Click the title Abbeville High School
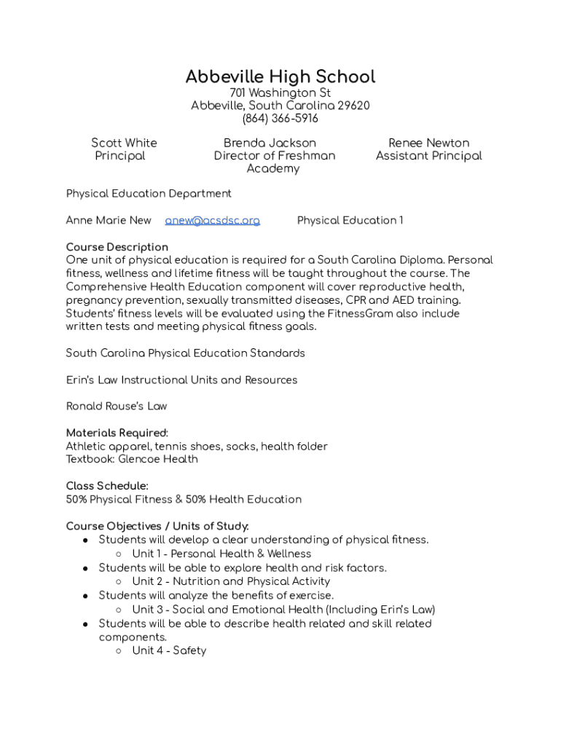coord(280,76)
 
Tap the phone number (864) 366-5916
coord(280,119)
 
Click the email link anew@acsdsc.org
coord(212,220)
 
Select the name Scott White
coord(124,143)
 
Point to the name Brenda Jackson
coord(270,143)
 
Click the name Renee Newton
coord(428,143)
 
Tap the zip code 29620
coord(353,106)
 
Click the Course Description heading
coord(117,247)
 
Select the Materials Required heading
coord(117,433)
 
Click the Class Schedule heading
coord(107,486)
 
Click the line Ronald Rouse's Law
coord(117,406)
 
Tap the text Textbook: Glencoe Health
coord(132,459)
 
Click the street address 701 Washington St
coord(280,93)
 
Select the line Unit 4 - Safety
coord(169,651)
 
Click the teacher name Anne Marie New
coord(109,220)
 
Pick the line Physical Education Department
coord(149,193)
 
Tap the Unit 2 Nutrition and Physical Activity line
coord(231,581)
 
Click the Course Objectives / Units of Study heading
coord(157,526)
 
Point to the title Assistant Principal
coord(428,156)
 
